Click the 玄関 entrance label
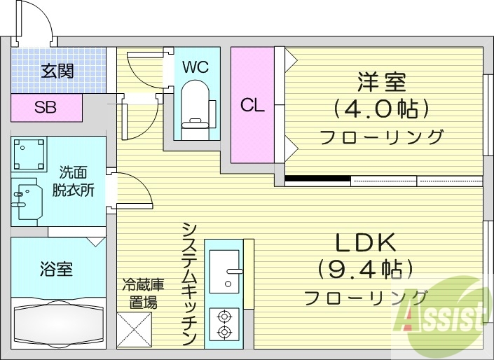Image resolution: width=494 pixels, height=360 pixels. (57, 71)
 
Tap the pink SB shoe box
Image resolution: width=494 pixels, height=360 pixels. (46, 108)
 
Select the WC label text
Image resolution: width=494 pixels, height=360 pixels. (195, 67)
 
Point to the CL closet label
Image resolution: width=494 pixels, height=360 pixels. (252, 106)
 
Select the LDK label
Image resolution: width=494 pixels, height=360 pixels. (365, 243)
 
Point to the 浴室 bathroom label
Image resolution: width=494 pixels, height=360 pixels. (56, 268)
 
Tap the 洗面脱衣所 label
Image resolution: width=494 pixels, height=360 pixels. (74, 180)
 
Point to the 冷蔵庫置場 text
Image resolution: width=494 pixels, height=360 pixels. (143, 293)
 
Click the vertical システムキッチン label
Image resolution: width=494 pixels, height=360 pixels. (188, 284)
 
